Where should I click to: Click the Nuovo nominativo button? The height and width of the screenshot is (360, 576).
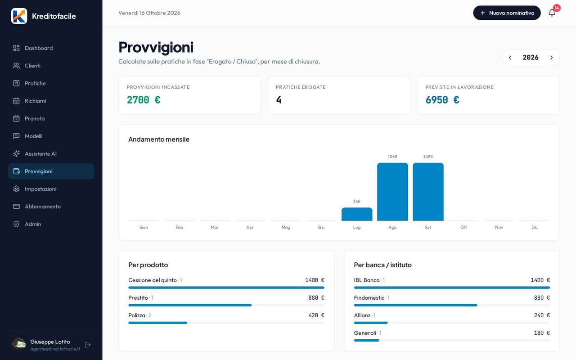(507, 13)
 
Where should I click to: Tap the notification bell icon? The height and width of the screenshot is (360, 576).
(552, 13)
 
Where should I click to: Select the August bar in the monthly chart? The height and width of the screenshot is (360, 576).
(392, 192)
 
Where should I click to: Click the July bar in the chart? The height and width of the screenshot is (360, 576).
(357, 214)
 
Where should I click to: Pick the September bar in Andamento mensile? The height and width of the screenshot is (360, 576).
(428, 192)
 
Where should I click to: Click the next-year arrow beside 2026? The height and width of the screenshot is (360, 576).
(551, 58)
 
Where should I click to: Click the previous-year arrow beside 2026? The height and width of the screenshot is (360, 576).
(510, 58)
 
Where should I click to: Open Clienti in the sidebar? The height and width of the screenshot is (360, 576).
(32, 66)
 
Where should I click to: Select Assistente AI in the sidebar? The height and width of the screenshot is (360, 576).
(40, 153)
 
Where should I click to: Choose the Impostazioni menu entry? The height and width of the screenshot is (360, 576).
(40, 189)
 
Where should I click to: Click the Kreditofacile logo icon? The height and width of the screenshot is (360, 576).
(19, 16)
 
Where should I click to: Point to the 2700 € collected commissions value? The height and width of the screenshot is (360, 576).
(144, 100)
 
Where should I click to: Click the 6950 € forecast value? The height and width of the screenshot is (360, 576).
(442, 100)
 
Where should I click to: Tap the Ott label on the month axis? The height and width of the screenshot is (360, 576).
(463, 227)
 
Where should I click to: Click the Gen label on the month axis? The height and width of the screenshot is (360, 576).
(144, 227)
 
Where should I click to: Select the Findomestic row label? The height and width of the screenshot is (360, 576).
(369, 297)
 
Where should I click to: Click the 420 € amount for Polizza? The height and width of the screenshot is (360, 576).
(316, 315)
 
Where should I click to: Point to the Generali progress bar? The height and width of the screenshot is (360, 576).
(366, 341)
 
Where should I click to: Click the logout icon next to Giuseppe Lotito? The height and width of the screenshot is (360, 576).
(88, 345)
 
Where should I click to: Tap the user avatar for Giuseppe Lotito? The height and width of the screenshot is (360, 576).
(18, 345)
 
